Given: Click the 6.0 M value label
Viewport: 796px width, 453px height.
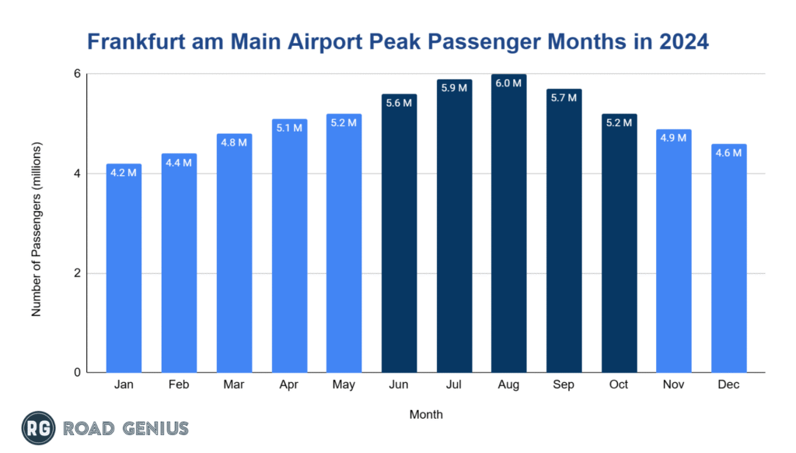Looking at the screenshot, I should [509, 83].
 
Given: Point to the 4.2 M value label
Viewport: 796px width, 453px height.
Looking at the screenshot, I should [124, 173].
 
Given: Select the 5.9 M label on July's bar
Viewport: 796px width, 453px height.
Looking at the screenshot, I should [454, 88].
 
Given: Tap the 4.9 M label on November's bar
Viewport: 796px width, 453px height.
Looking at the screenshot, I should [674, 138].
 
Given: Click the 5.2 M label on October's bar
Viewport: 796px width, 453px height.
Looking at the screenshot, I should [619, 123].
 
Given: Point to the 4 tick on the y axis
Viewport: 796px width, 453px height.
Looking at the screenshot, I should [77, 174].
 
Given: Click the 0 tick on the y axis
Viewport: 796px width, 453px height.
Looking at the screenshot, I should [77, 373].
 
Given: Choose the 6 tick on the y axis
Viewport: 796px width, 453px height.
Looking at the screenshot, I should [77, 74].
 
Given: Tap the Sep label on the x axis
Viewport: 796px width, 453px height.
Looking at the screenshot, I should [564, 385].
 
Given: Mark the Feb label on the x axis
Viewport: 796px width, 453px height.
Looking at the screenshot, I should [179, 385].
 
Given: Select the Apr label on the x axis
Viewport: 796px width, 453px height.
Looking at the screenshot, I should [289, 385].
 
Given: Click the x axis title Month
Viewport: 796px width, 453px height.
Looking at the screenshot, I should [426, 415].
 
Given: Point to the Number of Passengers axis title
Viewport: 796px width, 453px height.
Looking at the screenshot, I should [36, 229].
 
